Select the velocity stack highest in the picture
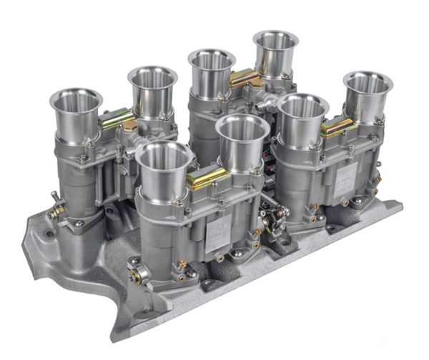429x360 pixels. pos(275,41)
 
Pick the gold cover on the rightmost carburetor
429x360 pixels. pos(338,126)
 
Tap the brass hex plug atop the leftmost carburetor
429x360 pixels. pos(129,126)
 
